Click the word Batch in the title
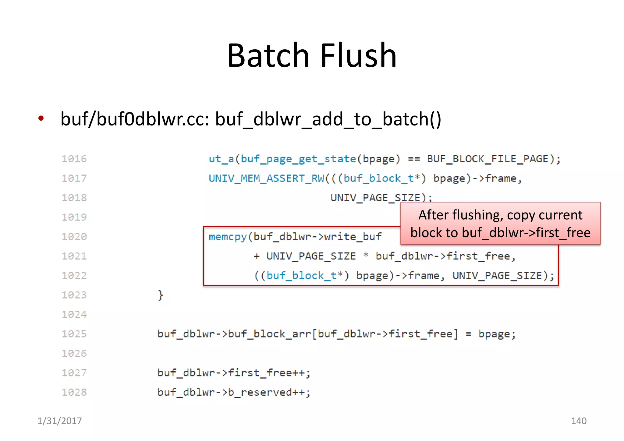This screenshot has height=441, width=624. [x=268, y=55]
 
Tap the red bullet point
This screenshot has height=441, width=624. [x=41, y=118]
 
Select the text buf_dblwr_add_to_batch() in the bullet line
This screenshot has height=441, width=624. [x=328, y=119]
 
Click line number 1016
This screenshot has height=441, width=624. [x=74, y=159]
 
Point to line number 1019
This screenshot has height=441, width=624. [x=74, y=217]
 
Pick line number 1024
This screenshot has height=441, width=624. [x=74, y=314]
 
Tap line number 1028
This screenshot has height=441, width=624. [x=74, y=392]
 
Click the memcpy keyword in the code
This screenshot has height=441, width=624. [x=228, y=237]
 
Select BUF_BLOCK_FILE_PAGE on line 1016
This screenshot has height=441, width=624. [x=487, y=159]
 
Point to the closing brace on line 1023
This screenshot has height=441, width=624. [x=160, y=295]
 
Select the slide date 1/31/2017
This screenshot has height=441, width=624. [x=60, y=421]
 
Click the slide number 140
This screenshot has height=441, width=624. [x=579, y=421]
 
